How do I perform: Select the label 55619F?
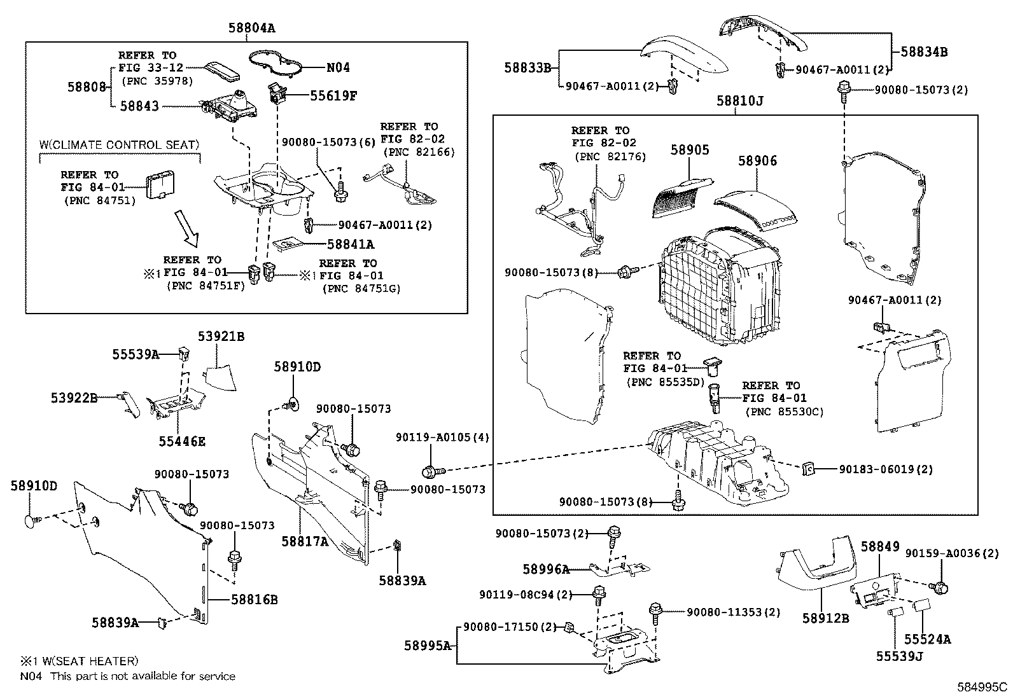pyautogui.click(x=333, y=96)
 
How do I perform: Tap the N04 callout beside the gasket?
pyautogui.click(x=338, y=67)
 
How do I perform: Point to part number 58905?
pyautogui.click(x=690, y=150)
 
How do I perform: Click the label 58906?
pyautogui.click(x=757, y=162)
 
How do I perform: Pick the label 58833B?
pyautogui.click(x=527, y=67)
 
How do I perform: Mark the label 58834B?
pyautogui.click(x=923, y=52)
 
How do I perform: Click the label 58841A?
pyautogui.click(x=351, y=244)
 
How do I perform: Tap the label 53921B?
pyautogui.click(x=220, y=336)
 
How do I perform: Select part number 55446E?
pyautogui.click(x=182, y=441)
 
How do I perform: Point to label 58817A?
pyautogui.click(x=305, y=541)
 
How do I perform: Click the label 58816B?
pyautogui.click(x=254, y=600)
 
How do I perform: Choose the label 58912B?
pyautogui.click(x=825, y=618)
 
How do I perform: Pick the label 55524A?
pyautogui.click(x=927, y=639)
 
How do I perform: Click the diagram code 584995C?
pyautogui.click(x=983, y=687)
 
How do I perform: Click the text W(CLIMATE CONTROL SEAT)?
pyautogui.click(x=120, y=145)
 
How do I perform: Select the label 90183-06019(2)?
pyautogui.click(x=886, y=469)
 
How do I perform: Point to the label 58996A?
pyautogui.click(x=546, y=570)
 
